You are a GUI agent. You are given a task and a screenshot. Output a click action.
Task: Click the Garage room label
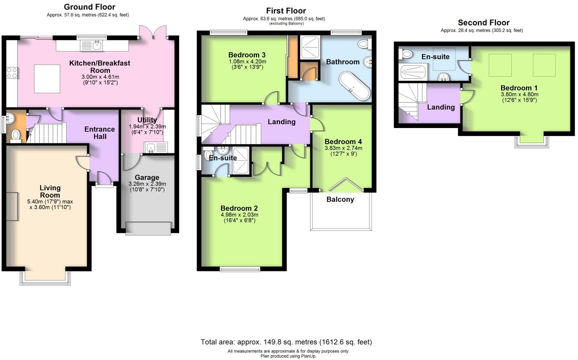click(x=147, y=177)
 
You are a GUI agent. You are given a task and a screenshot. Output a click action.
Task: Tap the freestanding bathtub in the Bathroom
click(x=354, y=86)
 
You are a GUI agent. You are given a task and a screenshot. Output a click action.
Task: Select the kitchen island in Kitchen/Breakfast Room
click(x=47, y=79)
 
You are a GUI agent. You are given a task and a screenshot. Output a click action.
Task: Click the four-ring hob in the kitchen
click(x=12, y=73)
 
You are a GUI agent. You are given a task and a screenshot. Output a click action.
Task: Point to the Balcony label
click(x=340, y=199)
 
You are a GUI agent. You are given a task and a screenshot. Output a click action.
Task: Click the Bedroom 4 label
click(x=343, y=142)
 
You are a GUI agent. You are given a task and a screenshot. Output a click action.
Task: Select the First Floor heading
click(x=286, y=11)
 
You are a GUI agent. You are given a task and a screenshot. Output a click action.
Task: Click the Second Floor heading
click(x=484, y=23)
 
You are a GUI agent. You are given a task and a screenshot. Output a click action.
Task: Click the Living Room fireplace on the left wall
click(x=12, y=206)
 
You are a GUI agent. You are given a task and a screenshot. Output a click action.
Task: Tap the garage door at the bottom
click(x=148, y=228)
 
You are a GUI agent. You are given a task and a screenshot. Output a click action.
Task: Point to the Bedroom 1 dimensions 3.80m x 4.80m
click(x=519, y=95)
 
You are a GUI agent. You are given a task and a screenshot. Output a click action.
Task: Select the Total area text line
click(x=286, y=342)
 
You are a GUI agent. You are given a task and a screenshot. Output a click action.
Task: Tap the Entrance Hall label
click(x=100, y=133)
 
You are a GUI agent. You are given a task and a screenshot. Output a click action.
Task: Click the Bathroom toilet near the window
click(x=364, y=44)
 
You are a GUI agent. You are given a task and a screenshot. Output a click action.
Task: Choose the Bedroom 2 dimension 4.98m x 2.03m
click(x=239, y=215)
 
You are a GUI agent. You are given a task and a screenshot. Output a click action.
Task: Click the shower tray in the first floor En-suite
click(x=241, y=160)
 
